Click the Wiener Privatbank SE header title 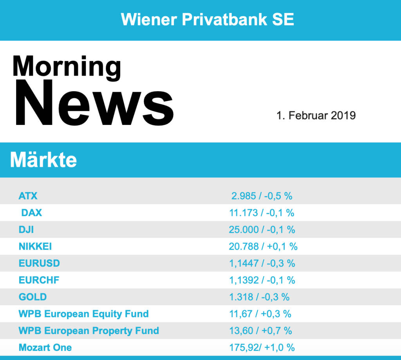pyautogui.click(x=207, y=19)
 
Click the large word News pyautogui.click(x=94, y=103)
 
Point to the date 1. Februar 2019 pyautogui.click(x=316, y=116)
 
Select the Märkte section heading pyautogui.click(x=43, y=160)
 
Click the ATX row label pyautogui.click(x=28, y=196)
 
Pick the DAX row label pyautogui.click(x=31, y=213)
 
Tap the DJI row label pyautogui.click(x=26, y=230)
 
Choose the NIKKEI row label pyautogui.click(x=35, y=246)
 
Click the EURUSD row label pyautogui.click(x=39, y=263)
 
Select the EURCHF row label pyautogui.click(x=39, y=280)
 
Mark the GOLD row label pyautogui.click(x=33, y=297)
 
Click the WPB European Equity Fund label pyautogui.click(x=84, y=314)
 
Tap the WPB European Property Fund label pyautogui.click(x=89, y=331)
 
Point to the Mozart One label pyautogui.click(x=45, y=347)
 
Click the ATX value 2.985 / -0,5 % pyautogui.click(x=262, y=196)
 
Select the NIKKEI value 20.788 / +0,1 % pyautogui.click(x=263, y=246)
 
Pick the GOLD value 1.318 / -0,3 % pyautogui.click(x=259, y=297)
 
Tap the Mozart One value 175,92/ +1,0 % pyautogui.click(x=262, y=347)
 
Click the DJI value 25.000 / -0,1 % pyautogui.click(x=262, y=230)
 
